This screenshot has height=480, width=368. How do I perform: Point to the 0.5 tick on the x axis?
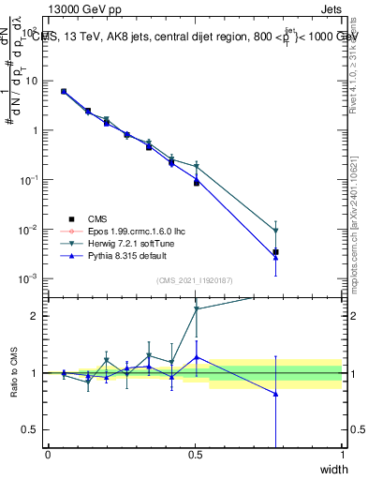(x=196, y=455)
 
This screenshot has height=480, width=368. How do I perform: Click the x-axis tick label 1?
(x=343, y=455)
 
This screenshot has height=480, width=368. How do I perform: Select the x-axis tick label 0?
(x=49, y=455)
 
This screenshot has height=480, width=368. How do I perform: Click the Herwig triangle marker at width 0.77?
(x=275, y=231)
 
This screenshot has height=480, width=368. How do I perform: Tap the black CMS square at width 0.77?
(x=275, y=252)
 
